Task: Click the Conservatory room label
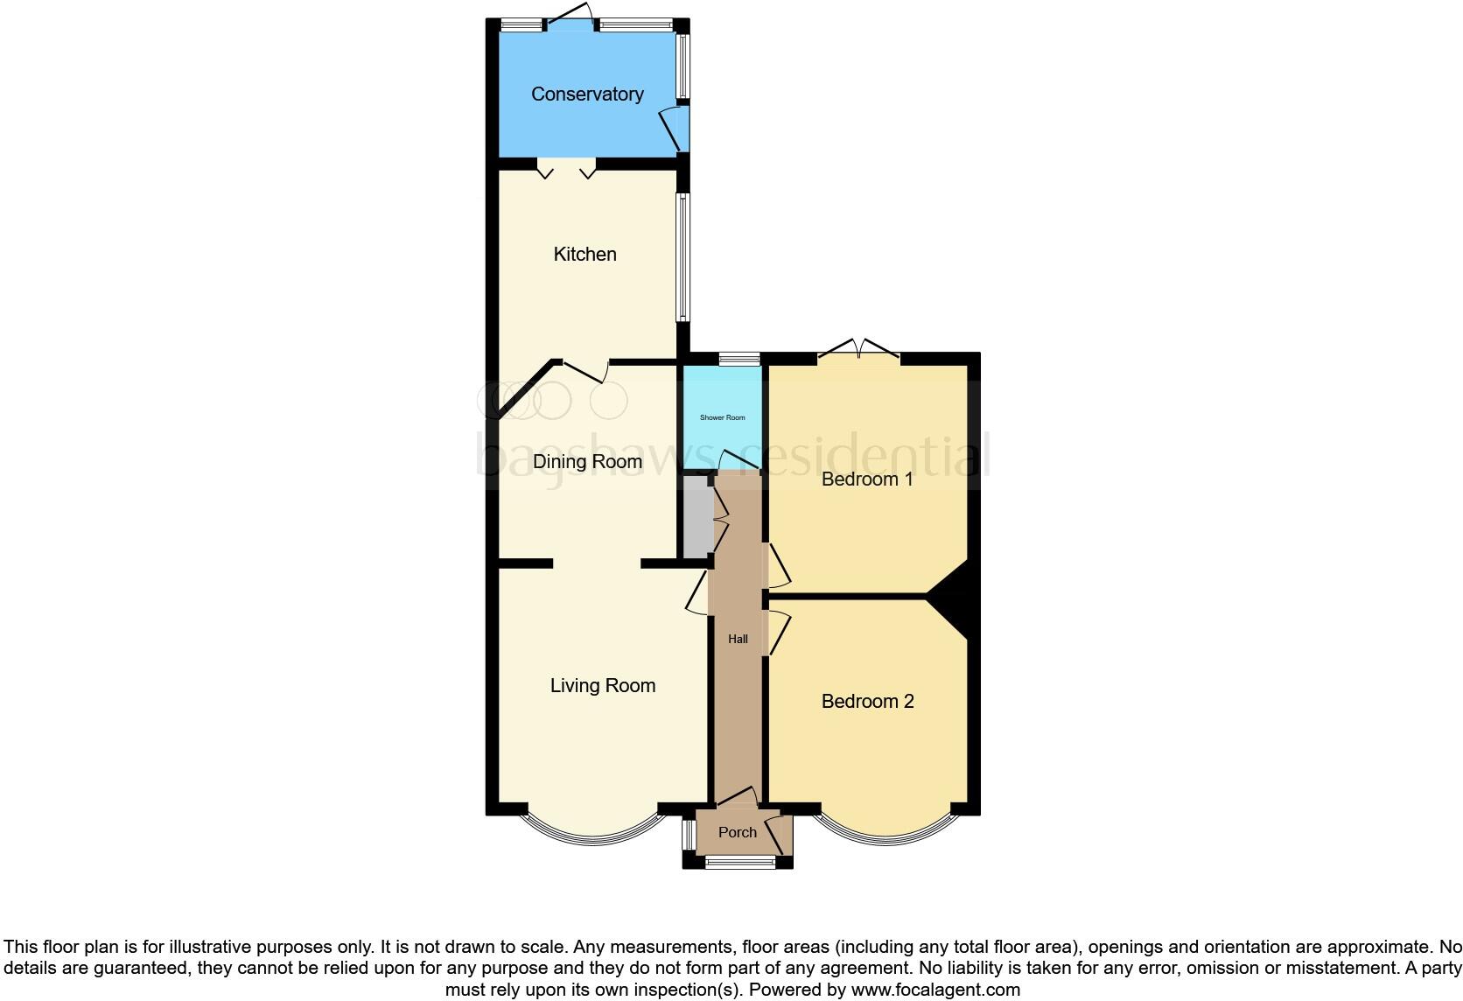pos(587,94)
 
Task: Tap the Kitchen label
pos(584,254)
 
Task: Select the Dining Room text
pos(587,461)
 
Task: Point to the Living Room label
pos(603,685)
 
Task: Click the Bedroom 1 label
pos(867,479)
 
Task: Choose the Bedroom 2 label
pos(867,701)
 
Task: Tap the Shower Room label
pos(722,417)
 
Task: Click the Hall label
pos(738,639)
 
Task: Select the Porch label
pos(737,832)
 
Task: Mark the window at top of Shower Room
pos(739,359)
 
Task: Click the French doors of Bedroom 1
pos(858,354)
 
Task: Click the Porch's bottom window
pos(740,864)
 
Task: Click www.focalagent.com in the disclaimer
pos(934,990)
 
